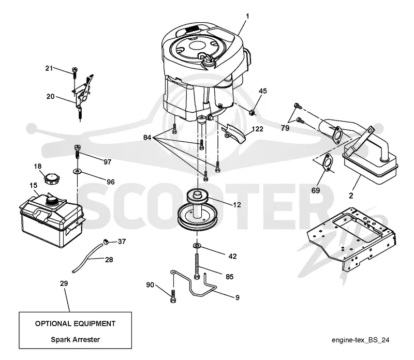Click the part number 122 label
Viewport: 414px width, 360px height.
pos(257,129)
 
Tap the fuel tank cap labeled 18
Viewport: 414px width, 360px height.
pos(51,178)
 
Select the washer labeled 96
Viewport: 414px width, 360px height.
pos(77,172)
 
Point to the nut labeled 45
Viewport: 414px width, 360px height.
pos(252,113)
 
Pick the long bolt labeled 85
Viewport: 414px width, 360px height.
pos(197,266)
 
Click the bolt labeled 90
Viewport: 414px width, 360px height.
pos(173,296)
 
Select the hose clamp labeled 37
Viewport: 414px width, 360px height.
pos(106,241)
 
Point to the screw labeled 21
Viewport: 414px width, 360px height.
pos(75,72)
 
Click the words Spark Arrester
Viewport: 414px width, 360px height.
pos(75,339)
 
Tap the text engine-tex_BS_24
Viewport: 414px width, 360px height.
pos(360,340)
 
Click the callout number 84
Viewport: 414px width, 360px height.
pos(147,137)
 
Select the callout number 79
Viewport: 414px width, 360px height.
pos(285,128)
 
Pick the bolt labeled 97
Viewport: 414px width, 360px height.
pos(77,152)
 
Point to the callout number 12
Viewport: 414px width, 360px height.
pos(237,204)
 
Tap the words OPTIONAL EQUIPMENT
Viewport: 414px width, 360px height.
pos(75,324)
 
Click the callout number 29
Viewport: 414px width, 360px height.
pos(64,283)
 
